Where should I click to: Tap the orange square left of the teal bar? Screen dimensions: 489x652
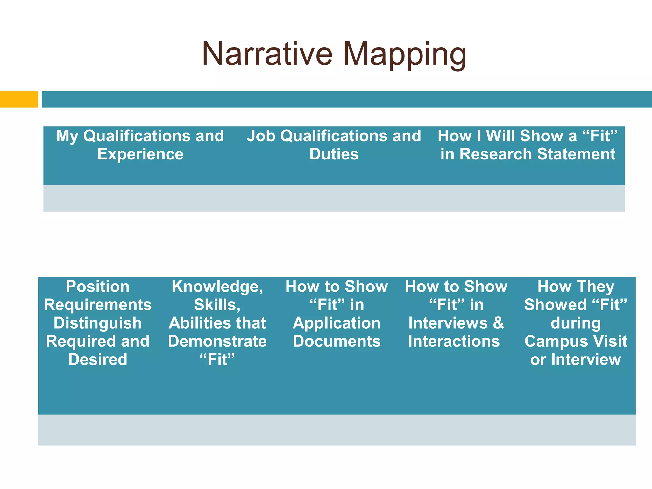tap(19, 99)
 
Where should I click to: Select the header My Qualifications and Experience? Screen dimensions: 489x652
tap(140, 145)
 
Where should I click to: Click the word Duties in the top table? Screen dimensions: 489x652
tap(334, 154)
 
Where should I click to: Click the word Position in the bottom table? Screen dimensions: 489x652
tap(98, 287)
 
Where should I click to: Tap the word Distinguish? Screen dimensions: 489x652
tap(98, 323)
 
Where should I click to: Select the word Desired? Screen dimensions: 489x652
tap(98, 360)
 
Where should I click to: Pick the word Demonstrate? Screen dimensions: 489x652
tap(217, 341)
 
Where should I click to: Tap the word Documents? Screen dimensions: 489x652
tap(337, 341)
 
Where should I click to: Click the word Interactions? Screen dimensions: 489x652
tap(454, 341)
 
